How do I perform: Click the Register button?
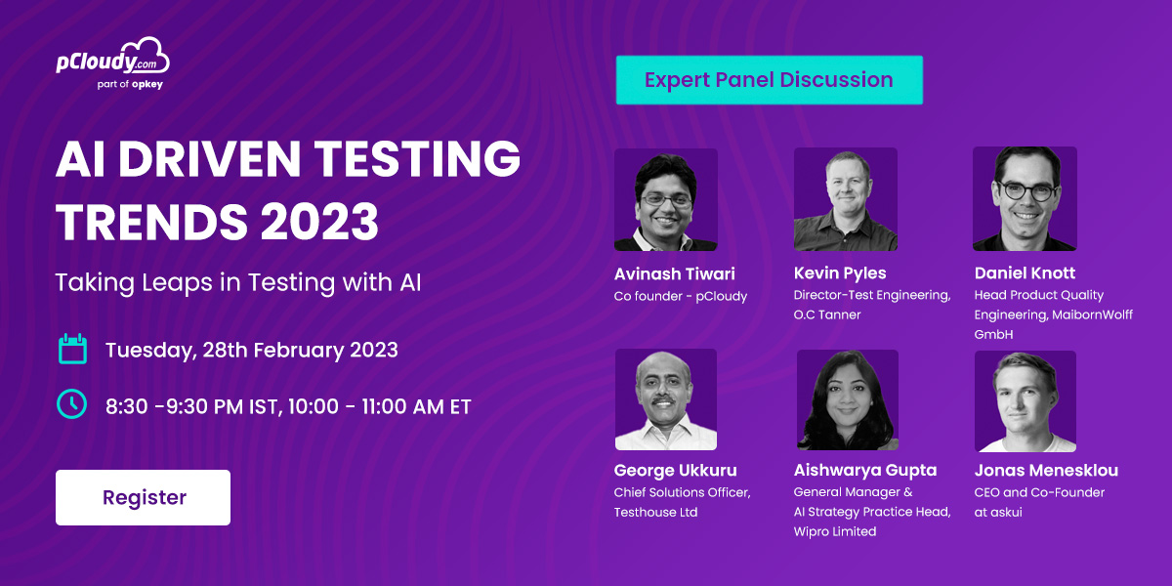point(143,497)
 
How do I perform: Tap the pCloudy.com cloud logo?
point(113,57)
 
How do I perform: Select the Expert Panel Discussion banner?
point(770,80)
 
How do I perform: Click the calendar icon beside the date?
point(72,349)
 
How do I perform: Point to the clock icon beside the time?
point(71,404)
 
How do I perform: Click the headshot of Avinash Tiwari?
point(665,200)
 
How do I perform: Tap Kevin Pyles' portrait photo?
point(846,199)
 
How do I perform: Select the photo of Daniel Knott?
point(1025,199)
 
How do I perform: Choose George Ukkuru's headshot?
point(666,399)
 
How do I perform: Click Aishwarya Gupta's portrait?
point(847,400)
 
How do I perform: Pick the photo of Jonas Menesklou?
point(1025,401)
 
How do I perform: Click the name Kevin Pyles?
point(840,273)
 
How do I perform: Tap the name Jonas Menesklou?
point(1046,470)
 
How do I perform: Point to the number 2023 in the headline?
point(319,222)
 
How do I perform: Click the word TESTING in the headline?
point(417,158)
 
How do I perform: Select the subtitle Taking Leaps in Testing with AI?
point(238,282)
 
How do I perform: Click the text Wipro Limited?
point(834,531)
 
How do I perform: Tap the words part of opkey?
point(130,84)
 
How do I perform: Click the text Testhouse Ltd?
point(655,512)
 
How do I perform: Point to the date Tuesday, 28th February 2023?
point(252,350)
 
